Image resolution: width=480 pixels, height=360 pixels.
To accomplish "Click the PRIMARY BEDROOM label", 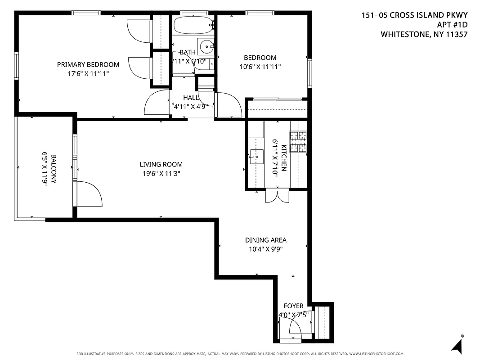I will (88, 64).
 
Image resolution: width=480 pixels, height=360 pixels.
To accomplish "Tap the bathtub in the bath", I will (193, 25).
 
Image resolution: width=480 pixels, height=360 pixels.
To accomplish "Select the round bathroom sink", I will (206, 45).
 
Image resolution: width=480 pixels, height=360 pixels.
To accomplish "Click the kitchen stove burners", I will (297, 141).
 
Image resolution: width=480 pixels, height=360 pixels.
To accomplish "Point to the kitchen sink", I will (256, 156).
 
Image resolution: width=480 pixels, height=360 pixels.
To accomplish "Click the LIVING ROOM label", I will (161, 165).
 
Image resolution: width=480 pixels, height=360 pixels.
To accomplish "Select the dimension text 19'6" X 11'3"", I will (161, 173).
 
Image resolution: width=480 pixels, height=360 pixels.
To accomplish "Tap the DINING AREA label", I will (265, 240).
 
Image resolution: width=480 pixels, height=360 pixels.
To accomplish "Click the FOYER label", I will (293, 306).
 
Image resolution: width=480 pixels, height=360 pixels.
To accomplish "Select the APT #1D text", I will (452, 25).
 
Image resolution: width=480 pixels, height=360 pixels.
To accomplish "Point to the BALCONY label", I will (54, 169).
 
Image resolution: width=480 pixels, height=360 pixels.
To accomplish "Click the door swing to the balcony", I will (90, 194).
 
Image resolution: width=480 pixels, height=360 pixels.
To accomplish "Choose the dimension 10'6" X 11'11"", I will (260, 67).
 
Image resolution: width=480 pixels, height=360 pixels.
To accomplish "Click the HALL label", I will (191, 98).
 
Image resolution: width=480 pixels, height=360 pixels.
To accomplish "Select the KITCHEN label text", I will (284, 157).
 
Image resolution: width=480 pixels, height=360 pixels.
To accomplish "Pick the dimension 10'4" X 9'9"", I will (265, 249).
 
